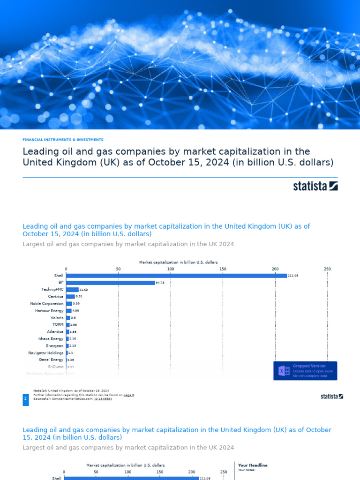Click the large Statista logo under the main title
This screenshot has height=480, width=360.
(x=315, y=186)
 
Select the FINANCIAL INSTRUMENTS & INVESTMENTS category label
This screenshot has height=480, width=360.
(x=63, y=140)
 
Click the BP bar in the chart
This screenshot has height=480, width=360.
(x=110, y=283)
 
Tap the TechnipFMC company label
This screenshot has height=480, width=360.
(x=52, y=290)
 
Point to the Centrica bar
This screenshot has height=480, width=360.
(x=70, y=297)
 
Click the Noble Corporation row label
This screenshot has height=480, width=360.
(x=46, y=304)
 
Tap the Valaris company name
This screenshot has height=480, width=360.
(x=56, y=318)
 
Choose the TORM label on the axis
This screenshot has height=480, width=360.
(x=58, y=324)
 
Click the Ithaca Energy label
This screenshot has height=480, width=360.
(x=51, y=338)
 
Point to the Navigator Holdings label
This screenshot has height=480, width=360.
(x=45, y=352)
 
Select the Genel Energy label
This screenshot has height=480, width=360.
(x=51, y=360)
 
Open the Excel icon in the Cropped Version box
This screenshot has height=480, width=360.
(x=284, y=371)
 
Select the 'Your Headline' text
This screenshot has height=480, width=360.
(x=253, y=465)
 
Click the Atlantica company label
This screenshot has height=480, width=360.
(x=55, y=331)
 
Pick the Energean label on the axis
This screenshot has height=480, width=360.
(x=54, y=345)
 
